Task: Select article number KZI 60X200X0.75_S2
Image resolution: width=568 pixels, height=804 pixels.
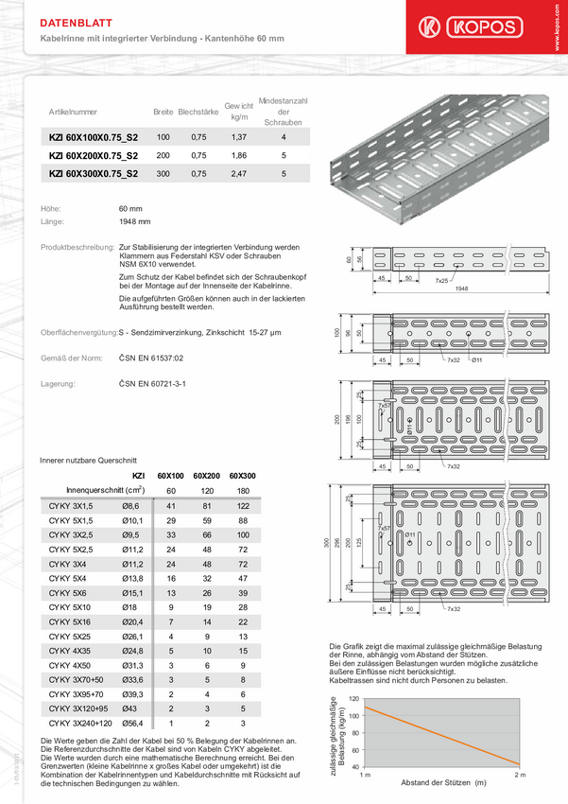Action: point(93,155)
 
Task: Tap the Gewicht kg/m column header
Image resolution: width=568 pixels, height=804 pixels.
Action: point(238,113)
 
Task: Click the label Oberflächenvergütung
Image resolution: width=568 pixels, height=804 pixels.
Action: point(79,333)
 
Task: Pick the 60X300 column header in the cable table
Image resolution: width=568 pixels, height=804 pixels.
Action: point(243,475)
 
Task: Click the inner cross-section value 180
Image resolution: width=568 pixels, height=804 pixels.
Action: point(243,491)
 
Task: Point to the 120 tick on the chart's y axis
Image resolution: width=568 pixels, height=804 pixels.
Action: point(353,698)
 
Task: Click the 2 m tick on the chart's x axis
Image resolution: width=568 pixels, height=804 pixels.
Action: point(519,775)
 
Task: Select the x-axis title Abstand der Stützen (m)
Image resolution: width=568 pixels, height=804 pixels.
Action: point(442,783)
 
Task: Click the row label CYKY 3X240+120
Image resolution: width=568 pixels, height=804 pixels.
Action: point(79,724)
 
